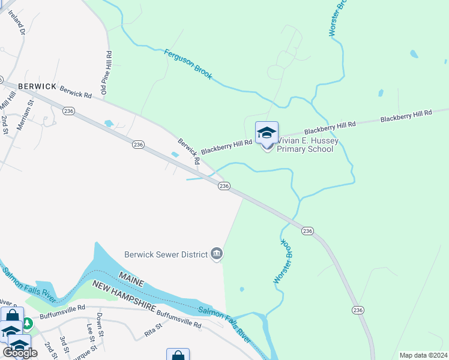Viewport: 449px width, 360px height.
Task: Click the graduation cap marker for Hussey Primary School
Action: [x=267, y=133]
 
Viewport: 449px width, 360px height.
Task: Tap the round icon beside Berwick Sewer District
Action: [x=217, y=254]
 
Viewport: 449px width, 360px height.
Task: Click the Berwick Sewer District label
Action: [x=165, y=254]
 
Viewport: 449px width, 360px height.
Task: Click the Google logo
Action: [x=20, y=353]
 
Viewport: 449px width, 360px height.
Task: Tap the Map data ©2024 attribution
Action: [x=423, y=355]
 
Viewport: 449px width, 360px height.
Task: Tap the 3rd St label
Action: [x=64, y=343]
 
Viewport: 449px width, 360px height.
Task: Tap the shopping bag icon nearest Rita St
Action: [x=178, y=355]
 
